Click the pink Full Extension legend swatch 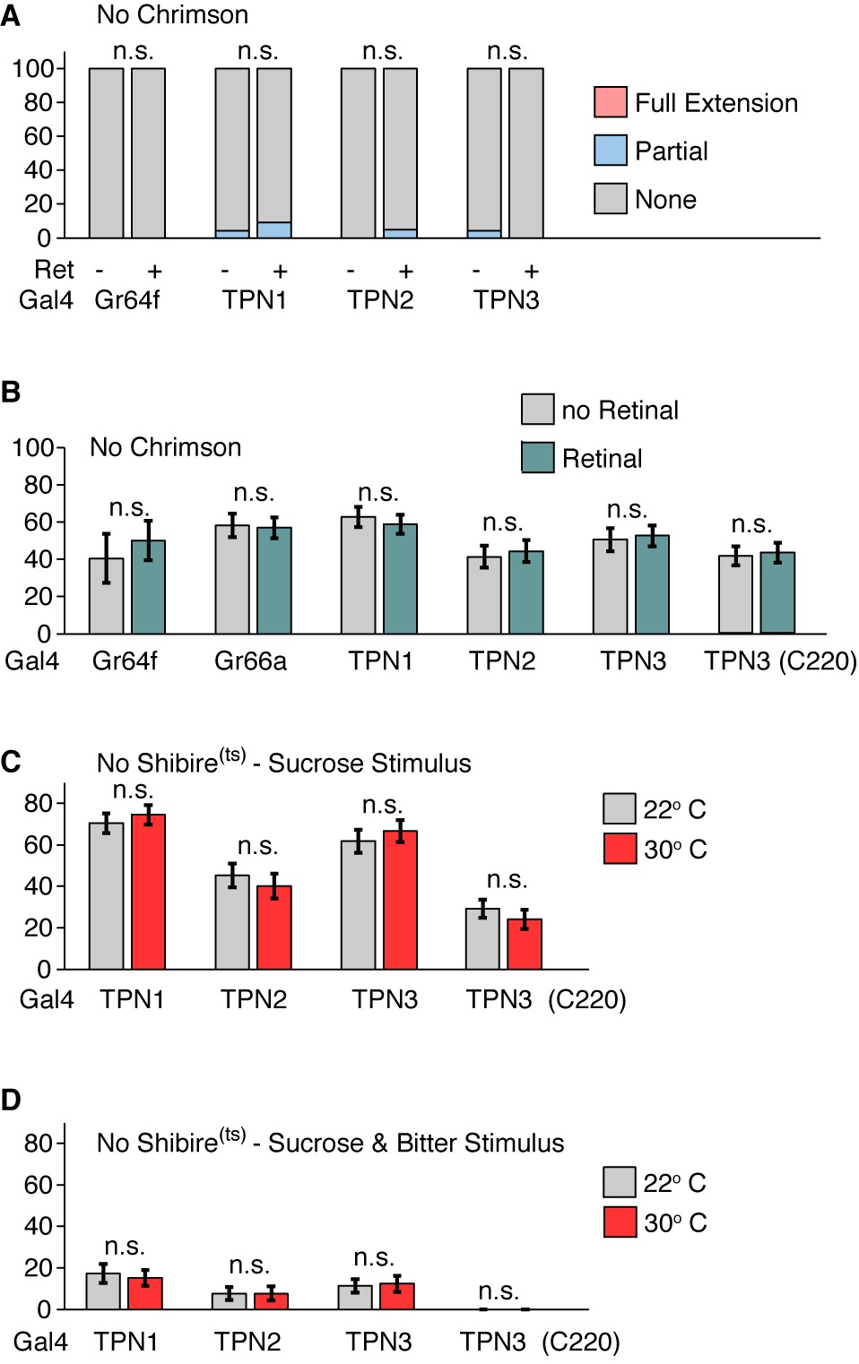(610, 102)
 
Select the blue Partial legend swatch (610, 151)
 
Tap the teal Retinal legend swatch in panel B (537, 457)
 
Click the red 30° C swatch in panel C (620, 848)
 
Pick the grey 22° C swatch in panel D (620, 1182)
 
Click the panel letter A (11, 16)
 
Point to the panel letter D (11, 1100)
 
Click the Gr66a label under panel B (250, 661)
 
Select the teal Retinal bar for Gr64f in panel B (148, 587)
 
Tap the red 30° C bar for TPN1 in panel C (148, 892)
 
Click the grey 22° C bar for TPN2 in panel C (232, 922)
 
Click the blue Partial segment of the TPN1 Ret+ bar (274, 230)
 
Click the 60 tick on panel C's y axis (38, 845)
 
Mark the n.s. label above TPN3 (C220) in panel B (751, 524)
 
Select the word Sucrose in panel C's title (311, 764)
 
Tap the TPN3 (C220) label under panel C (545, 999)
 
